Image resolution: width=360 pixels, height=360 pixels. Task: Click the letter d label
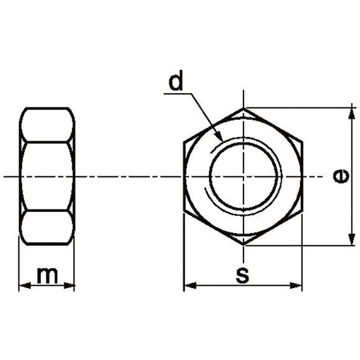tap(176, 80)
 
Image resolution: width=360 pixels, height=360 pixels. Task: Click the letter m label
tap(47, 275)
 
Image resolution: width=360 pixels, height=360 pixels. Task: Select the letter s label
tap(242, 275)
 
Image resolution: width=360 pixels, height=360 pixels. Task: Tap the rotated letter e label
tap(341, 176)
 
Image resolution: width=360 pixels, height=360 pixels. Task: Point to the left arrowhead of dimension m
tap(25, 286)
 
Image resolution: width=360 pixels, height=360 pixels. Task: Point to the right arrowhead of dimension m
tap(68, 286)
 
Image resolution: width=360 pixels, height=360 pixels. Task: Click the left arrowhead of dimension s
tap(190, 286)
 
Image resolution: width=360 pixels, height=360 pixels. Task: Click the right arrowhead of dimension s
tap(296, 286)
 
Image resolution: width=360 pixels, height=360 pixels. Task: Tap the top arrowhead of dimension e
tap(352, 114)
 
